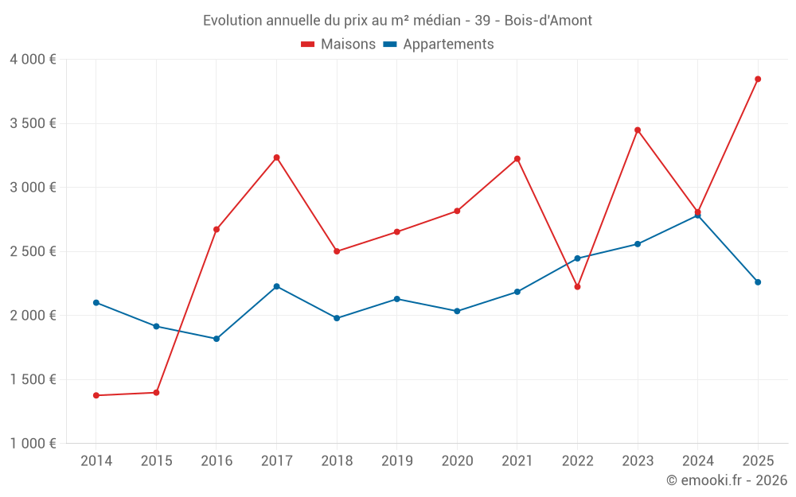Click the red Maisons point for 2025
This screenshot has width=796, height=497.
(x=758, y=79)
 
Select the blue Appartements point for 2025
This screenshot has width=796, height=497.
(x=758, y=282)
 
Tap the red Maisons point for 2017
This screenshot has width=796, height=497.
(x=276, y=157)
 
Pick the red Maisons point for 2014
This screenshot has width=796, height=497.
(x=96, y=395)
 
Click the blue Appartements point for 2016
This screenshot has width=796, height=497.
(x=217, y=339)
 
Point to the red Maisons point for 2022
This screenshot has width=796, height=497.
(x=577, y=286)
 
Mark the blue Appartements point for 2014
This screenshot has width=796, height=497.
(x=96, y=302)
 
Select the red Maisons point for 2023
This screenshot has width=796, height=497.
(x=638, y=130)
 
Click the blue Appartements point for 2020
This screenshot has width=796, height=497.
(x=457, y=311)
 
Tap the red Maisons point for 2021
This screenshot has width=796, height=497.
(x=517, y=159)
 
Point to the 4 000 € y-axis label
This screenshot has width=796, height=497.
(x=33, y=60)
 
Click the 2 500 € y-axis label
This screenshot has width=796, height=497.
(x=33, y=251)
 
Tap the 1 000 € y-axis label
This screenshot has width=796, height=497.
(x=33, y=444)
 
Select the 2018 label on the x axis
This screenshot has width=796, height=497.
(x=337, y=460)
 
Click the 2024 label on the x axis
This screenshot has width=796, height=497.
(x=697, y=460)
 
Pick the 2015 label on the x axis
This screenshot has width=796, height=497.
(x=156, y=460)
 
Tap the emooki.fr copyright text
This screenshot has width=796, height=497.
(x=726, y=480)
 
